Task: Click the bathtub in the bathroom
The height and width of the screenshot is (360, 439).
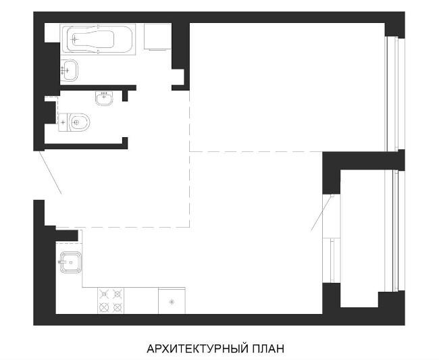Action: (98, 38)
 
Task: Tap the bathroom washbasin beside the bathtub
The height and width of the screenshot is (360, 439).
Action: (69, 70)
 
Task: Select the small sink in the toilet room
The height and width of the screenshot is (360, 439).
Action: (105, 98)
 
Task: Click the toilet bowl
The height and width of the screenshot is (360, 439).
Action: (79, 122)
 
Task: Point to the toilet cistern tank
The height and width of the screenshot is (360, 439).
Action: (63, 122)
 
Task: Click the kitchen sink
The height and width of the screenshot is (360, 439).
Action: (71, 262)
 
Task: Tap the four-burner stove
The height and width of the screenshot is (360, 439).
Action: (111, 301)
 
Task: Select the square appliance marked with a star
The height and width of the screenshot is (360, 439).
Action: (172, 301)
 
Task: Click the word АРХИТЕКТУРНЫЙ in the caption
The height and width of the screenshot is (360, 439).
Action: (197, 349)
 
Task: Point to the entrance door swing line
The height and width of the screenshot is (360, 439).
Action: (51, 172)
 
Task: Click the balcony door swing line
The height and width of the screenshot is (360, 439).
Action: (321, 213)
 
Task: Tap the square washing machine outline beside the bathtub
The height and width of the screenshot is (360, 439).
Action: (157, 36)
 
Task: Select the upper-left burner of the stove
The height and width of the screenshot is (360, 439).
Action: (104, 294)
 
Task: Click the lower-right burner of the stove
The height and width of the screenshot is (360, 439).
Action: (118, 308)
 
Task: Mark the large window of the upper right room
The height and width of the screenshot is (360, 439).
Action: (395, 94)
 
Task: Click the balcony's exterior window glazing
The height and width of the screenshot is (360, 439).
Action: (395, 230)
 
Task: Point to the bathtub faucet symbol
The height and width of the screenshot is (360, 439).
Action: (74, 39)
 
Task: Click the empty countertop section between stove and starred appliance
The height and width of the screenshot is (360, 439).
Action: (141, 301)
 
